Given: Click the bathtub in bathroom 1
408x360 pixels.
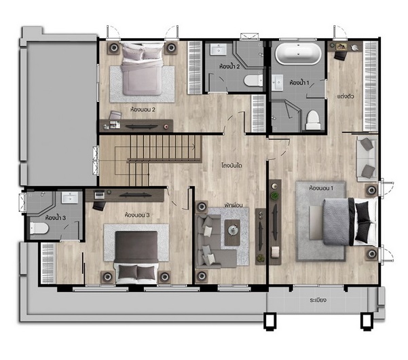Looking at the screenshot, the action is point(298,54).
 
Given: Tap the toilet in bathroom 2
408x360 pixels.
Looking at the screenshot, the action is point(254,80).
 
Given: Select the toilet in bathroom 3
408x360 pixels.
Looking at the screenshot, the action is point(39,228).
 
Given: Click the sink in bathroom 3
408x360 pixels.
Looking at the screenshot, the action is point(70,198).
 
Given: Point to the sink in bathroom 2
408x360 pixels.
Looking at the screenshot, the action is point(219,50).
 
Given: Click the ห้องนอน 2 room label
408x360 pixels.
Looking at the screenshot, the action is point(143,109).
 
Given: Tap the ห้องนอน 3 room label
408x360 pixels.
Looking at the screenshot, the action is point(137,215).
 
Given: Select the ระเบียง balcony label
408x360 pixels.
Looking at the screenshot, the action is point(318,300).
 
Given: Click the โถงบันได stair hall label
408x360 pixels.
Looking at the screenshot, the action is point(232,165).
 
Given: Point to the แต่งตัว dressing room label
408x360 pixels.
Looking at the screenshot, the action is point(346,96).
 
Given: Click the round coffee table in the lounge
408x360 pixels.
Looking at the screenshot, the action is point(232,230).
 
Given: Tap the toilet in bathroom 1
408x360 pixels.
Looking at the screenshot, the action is point(313,120).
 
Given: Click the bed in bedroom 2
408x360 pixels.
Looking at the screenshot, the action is point(142,69).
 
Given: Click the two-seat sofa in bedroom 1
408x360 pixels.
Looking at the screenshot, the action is point(367,158).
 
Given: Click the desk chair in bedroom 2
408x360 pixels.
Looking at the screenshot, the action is point(115,115).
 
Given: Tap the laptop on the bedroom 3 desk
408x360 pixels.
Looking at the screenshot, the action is point(99,195).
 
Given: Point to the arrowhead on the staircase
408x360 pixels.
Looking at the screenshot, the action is point(193,147).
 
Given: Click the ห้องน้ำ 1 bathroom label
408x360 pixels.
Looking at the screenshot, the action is point(299,83).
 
